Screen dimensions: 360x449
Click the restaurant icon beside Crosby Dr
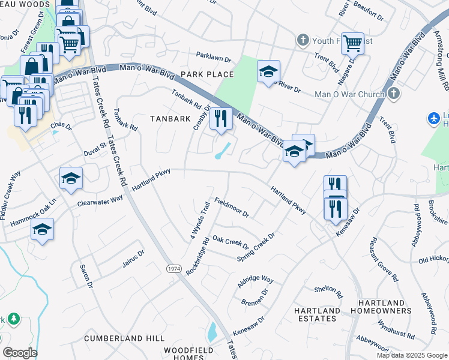pos(221,119)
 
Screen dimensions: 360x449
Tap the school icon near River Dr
pos(268,71)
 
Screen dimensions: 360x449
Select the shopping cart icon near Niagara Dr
pos(352,42)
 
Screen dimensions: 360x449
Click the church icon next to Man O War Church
pos(393,94)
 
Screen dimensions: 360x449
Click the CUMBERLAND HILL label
pos(124,338)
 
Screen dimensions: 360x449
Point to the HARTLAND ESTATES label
pos(317,314)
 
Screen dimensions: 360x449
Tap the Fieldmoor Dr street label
pos(231,208)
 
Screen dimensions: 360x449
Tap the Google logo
pos(19,353)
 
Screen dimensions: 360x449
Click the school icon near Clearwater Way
pos(71,178)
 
